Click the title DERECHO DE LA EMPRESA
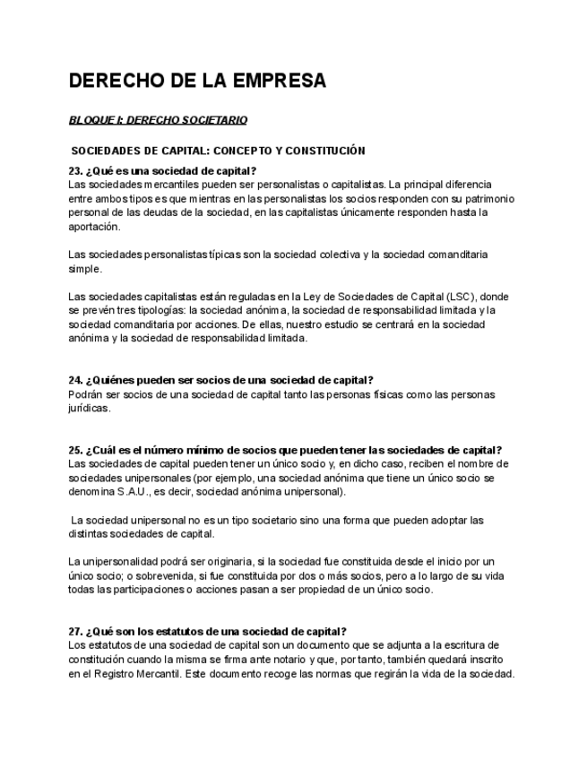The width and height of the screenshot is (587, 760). tap(197, 82)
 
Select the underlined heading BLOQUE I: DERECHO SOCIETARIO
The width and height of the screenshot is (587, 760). tap(158, 119)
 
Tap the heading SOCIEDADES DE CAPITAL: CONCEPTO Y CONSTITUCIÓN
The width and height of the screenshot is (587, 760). tap(218, 151)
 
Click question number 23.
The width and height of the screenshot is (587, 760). tap(75, 170)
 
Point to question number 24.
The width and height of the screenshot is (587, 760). tap(75, 380)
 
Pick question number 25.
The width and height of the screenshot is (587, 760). tap(75, 450)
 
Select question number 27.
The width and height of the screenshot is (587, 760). tap(75, 631)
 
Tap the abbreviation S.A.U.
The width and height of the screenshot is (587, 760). tap(141, 492)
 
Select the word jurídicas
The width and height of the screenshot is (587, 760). tap(90, 408)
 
